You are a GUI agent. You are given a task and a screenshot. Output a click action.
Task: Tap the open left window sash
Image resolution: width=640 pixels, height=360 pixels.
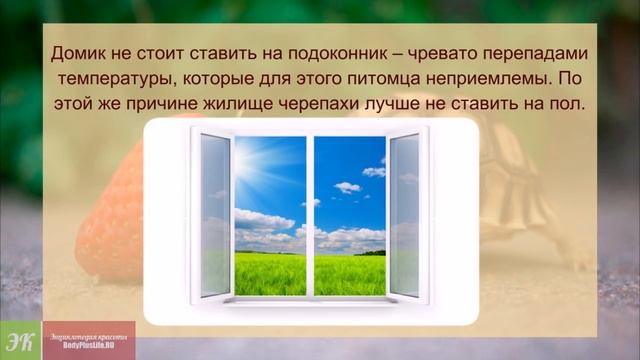point(214,214)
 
